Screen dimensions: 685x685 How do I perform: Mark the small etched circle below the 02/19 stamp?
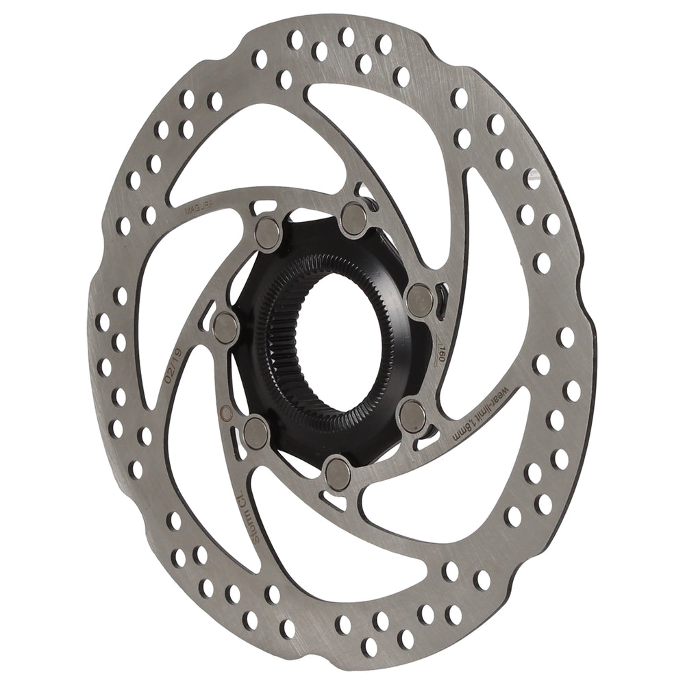click(x=222, y=412)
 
